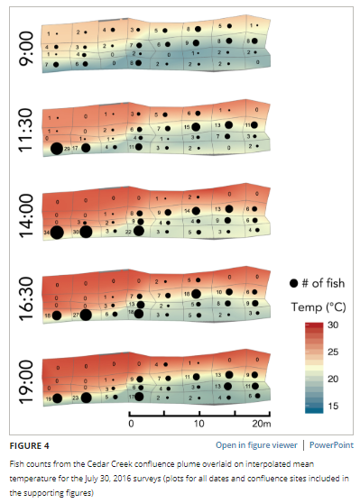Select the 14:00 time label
pyautogui.click(x=24, y=211)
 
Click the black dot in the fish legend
pyautogui.click(x=282, y=283)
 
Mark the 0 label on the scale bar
pyautogui.click(x=132, y=423)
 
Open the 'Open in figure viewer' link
pyautogui.click(x=252, y=444)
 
